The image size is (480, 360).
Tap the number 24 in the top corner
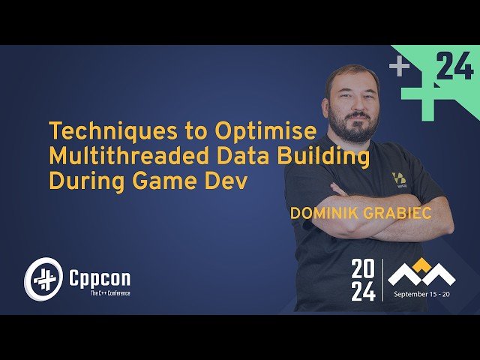point(454,68)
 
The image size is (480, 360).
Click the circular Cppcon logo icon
point(42,279)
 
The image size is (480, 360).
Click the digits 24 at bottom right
point(363,292)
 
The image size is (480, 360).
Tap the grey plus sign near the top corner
point(399,67)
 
